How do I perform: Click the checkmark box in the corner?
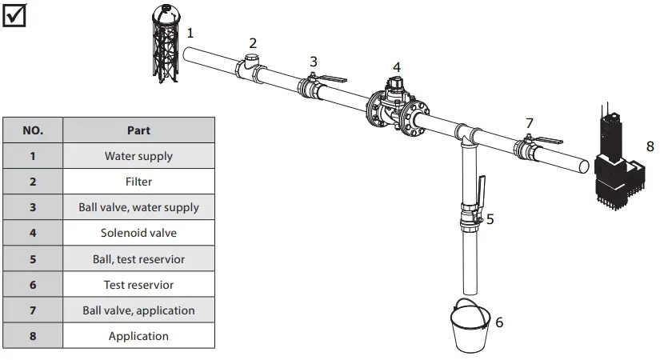coord(14,14)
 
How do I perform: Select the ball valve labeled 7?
coord(528,149)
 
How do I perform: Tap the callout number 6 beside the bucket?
coord(499,322)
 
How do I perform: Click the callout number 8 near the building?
coord(650,146)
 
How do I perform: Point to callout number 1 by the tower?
coord(190,33)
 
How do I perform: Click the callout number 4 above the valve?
coord(397,67)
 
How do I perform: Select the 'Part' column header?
coord(138,130)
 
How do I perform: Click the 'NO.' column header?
coord(33,130)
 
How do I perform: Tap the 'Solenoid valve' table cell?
coord(138,233)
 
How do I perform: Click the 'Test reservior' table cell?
coord(138,285)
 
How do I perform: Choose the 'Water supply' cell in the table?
coord(138,156)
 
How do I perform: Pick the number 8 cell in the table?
coord(33,336)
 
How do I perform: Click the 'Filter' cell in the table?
coord(138,182)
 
